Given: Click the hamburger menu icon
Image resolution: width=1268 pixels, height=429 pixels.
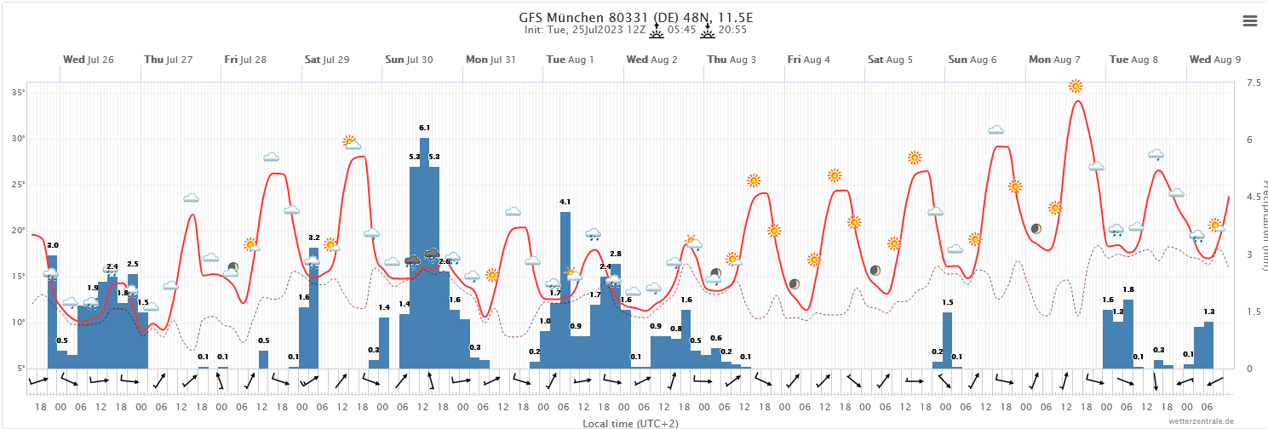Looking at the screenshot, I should tap(1249, 21).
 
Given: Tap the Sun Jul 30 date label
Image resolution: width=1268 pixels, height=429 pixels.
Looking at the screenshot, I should tap(409, 60).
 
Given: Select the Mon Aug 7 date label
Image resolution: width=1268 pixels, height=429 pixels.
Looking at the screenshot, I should tap(1054, 60).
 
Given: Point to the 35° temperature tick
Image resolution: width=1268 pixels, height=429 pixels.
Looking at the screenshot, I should tap(18, 92).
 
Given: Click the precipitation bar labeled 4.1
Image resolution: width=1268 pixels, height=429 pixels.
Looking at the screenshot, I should tap(565, 289).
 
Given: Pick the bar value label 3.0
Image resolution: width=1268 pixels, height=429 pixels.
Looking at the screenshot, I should tap(53, 245).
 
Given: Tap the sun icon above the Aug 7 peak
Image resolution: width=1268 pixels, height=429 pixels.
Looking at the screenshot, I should tap(1076, 86).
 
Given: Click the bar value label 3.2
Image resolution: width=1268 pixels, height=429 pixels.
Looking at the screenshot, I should tap(313, 237).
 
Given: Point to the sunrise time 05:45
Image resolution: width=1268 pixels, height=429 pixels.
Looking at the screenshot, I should tap(683, 30).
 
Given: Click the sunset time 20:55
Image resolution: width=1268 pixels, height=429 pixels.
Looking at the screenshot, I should tap(732, 30).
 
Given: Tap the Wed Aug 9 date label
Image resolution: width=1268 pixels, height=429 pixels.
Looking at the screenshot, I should tap(1215, 60).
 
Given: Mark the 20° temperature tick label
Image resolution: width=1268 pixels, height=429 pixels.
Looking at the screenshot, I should tap(18, 230).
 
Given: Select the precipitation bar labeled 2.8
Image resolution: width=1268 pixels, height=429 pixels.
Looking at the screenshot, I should tap(616, 316).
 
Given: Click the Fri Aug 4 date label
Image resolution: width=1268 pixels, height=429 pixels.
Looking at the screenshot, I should tap(808, 60).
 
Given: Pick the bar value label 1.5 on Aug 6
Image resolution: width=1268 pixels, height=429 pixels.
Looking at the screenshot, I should tap(947, 302).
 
